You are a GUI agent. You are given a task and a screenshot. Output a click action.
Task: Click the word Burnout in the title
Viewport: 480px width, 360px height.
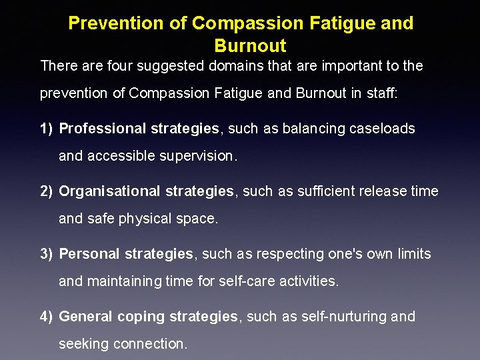250,46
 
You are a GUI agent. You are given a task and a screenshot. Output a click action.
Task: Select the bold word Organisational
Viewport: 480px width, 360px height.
109,191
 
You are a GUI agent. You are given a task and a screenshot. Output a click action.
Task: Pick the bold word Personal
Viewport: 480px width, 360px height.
89,254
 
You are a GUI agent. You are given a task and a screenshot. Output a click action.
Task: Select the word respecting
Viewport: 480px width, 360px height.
292,254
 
